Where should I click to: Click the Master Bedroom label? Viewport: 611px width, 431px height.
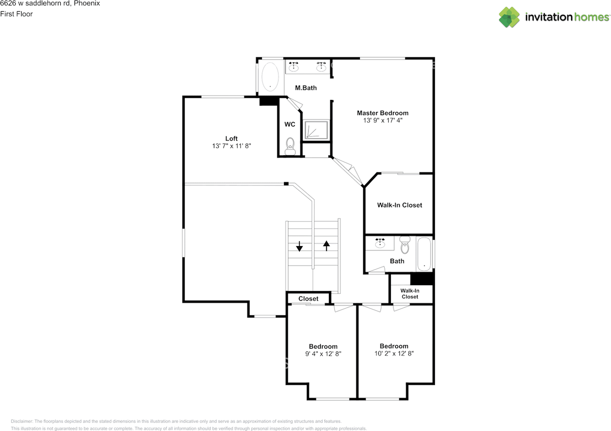(382, 113)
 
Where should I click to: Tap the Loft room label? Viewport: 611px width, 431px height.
(232, 139)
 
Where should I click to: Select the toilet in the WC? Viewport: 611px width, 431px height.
(290, 146)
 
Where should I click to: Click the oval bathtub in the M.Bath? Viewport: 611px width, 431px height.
(270, 76)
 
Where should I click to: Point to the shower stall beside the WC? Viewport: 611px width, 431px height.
(316, 130)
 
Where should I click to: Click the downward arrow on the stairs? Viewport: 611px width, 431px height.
(299, 246)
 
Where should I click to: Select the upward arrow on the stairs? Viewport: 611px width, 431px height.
(326, 246)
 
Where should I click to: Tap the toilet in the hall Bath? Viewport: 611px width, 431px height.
(405, 245)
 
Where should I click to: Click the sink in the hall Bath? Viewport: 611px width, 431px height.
(379, 243)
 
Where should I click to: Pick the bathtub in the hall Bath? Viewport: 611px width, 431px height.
(424, 254)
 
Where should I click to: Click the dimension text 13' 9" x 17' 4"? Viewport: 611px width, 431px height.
(383, 120)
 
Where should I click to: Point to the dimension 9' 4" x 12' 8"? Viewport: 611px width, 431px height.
(323, 354)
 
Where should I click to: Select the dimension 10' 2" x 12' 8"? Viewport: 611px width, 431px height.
(394, 354)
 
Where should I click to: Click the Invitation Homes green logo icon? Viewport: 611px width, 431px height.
(509, 17)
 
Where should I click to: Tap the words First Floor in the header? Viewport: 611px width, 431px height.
(16, 14)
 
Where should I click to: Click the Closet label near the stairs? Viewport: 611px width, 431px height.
(308, 299)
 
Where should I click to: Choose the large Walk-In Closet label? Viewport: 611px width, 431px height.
(400, 205)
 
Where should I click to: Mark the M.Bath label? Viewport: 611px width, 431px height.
(306, 88)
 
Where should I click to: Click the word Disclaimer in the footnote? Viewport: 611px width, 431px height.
(22, 421)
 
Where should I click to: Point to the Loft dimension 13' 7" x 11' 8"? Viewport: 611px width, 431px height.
(232, 146)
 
